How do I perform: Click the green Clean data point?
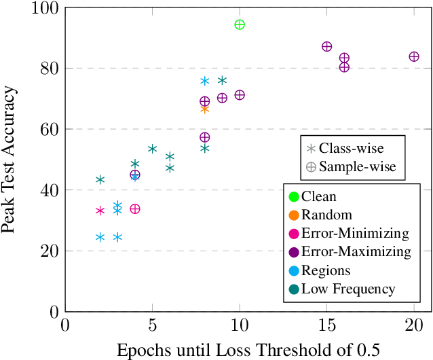[239, 24]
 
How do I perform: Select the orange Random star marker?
[204, 109]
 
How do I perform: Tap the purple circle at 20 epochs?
[413, 56]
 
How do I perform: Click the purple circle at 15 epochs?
[326, 46]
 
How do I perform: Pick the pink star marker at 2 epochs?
[100, 211]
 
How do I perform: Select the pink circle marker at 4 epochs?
[135, 209]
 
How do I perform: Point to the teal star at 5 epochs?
[152, 149]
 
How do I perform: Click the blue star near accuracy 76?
[204, 81]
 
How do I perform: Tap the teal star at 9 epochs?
[222, 80]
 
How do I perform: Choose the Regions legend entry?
[326, 270]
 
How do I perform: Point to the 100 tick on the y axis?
[45, 8]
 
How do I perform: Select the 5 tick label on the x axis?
[152, 325]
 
